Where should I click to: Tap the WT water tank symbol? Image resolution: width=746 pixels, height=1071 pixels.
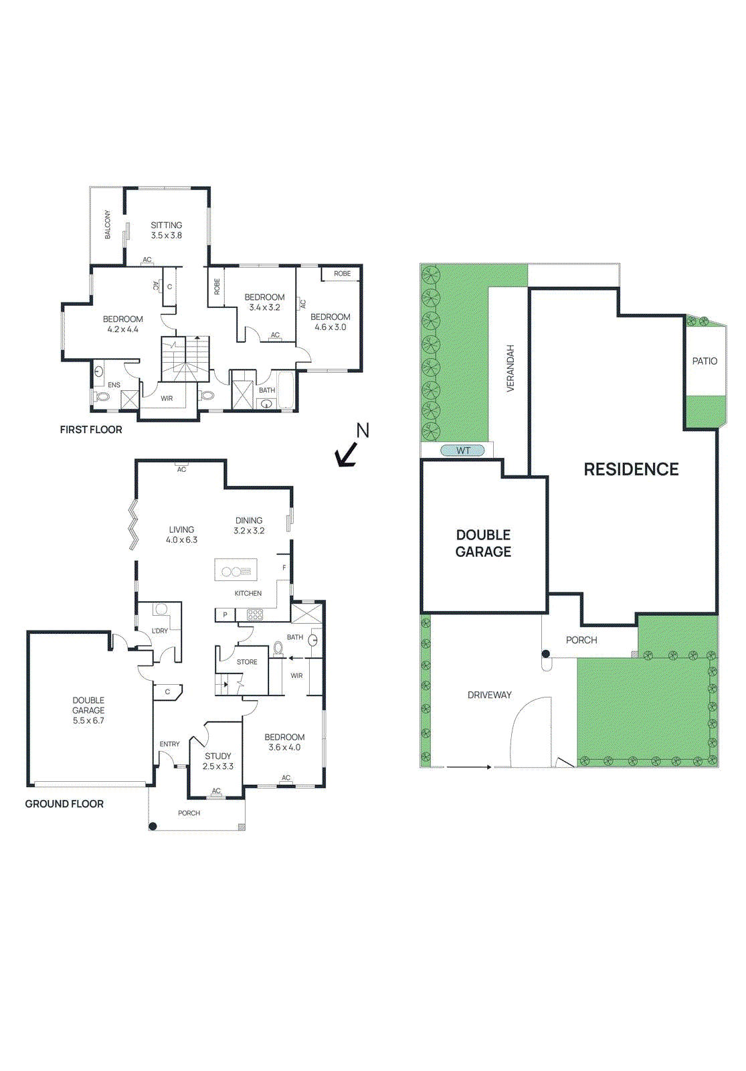click(463, 450)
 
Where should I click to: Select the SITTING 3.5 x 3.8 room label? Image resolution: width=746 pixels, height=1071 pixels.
click(166, 230)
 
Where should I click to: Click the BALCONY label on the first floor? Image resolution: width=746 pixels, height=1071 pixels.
click(107, 225)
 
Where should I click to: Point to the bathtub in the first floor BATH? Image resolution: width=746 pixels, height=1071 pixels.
click(286, 390)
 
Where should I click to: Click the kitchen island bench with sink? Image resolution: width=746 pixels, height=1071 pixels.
click(236, 570)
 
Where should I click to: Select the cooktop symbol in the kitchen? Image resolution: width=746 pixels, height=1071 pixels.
click(255, 614)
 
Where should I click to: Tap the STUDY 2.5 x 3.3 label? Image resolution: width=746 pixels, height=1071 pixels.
click(218, 761)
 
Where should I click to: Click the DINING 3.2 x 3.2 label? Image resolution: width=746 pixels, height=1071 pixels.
click(249, 525)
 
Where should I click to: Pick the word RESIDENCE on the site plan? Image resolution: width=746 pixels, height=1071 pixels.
click(631, 469)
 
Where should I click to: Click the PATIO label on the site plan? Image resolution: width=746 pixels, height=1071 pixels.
click(705, 361)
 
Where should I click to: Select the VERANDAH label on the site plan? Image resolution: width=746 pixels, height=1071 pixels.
click(510, 368)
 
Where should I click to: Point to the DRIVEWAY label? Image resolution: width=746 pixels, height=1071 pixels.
click(489, 695)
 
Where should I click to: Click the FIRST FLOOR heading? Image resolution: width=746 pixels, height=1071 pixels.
click(91, 430)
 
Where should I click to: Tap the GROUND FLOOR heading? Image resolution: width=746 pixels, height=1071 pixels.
click(64, 804)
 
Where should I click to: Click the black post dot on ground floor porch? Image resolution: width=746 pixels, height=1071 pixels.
click(153, 826)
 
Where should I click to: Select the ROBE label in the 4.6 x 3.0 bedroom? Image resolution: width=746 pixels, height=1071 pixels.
click(342, 273)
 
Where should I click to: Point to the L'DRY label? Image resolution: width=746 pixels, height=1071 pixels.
click(160, 631)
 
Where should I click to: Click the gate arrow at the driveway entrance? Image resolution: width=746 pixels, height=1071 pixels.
click(468, 767)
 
